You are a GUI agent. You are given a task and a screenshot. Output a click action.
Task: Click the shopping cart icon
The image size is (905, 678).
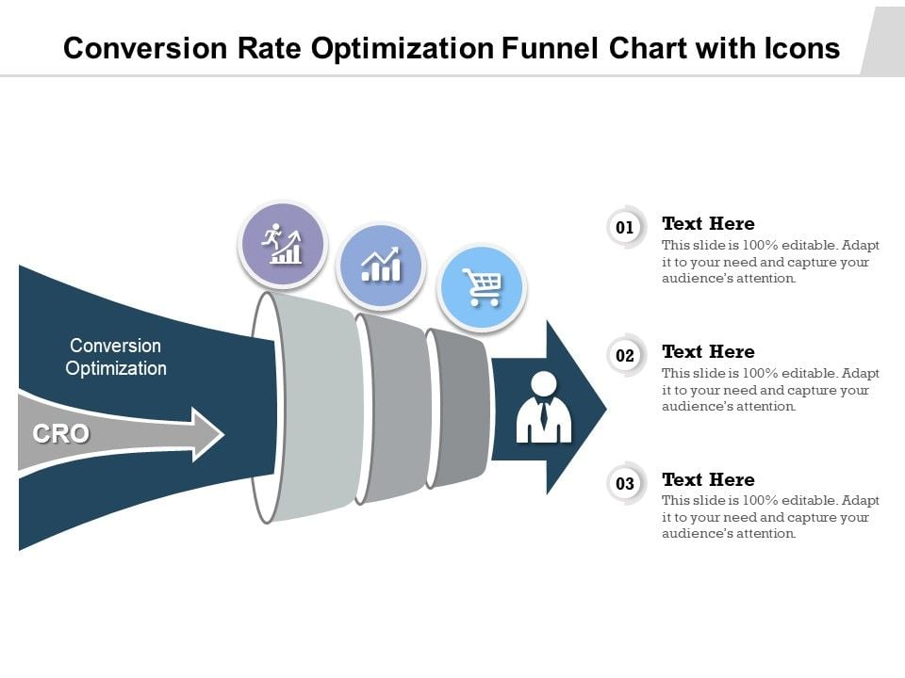tap(482, 287)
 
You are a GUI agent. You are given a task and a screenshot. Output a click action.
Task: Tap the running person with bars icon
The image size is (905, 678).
tap(282, 244)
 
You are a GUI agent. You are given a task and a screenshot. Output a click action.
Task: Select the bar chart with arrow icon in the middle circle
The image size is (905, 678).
tap(381, 266)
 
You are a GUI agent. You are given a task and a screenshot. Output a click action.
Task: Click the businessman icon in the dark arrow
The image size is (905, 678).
tap(544, 408)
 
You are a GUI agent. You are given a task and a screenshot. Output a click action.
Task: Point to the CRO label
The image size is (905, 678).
tap(61, 433)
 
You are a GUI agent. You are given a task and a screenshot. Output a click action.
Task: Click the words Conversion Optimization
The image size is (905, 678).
tap(116, 357)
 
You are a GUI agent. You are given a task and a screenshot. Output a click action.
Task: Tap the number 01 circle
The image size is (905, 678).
tap(625, 228)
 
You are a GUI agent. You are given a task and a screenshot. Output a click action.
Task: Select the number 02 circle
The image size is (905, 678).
tap(625, 356)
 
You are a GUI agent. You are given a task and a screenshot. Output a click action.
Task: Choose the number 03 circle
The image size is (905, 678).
tap(625, 484)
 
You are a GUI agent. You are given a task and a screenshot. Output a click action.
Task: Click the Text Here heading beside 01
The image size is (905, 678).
tap(708, 223)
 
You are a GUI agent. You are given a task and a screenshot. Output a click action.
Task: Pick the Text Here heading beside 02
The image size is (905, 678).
tap(708, 351)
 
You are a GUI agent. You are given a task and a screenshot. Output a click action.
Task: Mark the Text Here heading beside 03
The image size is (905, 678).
tap(708, 479)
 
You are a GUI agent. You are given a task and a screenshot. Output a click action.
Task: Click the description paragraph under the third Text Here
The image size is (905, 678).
tap(770, 518)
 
